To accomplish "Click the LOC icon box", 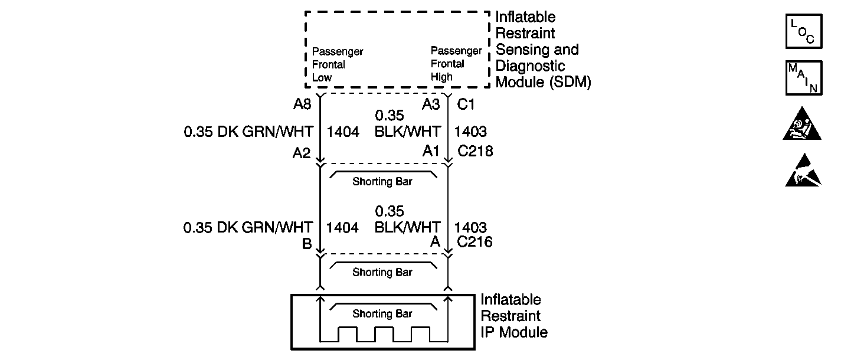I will [803, 31].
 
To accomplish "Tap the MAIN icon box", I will [803, 77].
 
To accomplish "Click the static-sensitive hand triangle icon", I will [803, 171].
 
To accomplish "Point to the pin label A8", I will [302, 104].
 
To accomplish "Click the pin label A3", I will [431, 104].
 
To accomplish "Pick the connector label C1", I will [466, 104].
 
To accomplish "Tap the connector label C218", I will [475, 152].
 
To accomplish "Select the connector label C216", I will [475, 241].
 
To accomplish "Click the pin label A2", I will [302, 153].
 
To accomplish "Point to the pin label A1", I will [431, 152].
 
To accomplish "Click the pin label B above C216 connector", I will [307, 243].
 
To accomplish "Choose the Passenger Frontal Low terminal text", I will [338, 64].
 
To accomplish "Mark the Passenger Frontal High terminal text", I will [456, 64].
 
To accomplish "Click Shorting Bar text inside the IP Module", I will [382, 313].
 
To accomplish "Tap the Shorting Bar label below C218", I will [382, 182].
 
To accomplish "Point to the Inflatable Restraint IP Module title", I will [513, 316].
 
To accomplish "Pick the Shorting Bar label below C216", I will [382, 272].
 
